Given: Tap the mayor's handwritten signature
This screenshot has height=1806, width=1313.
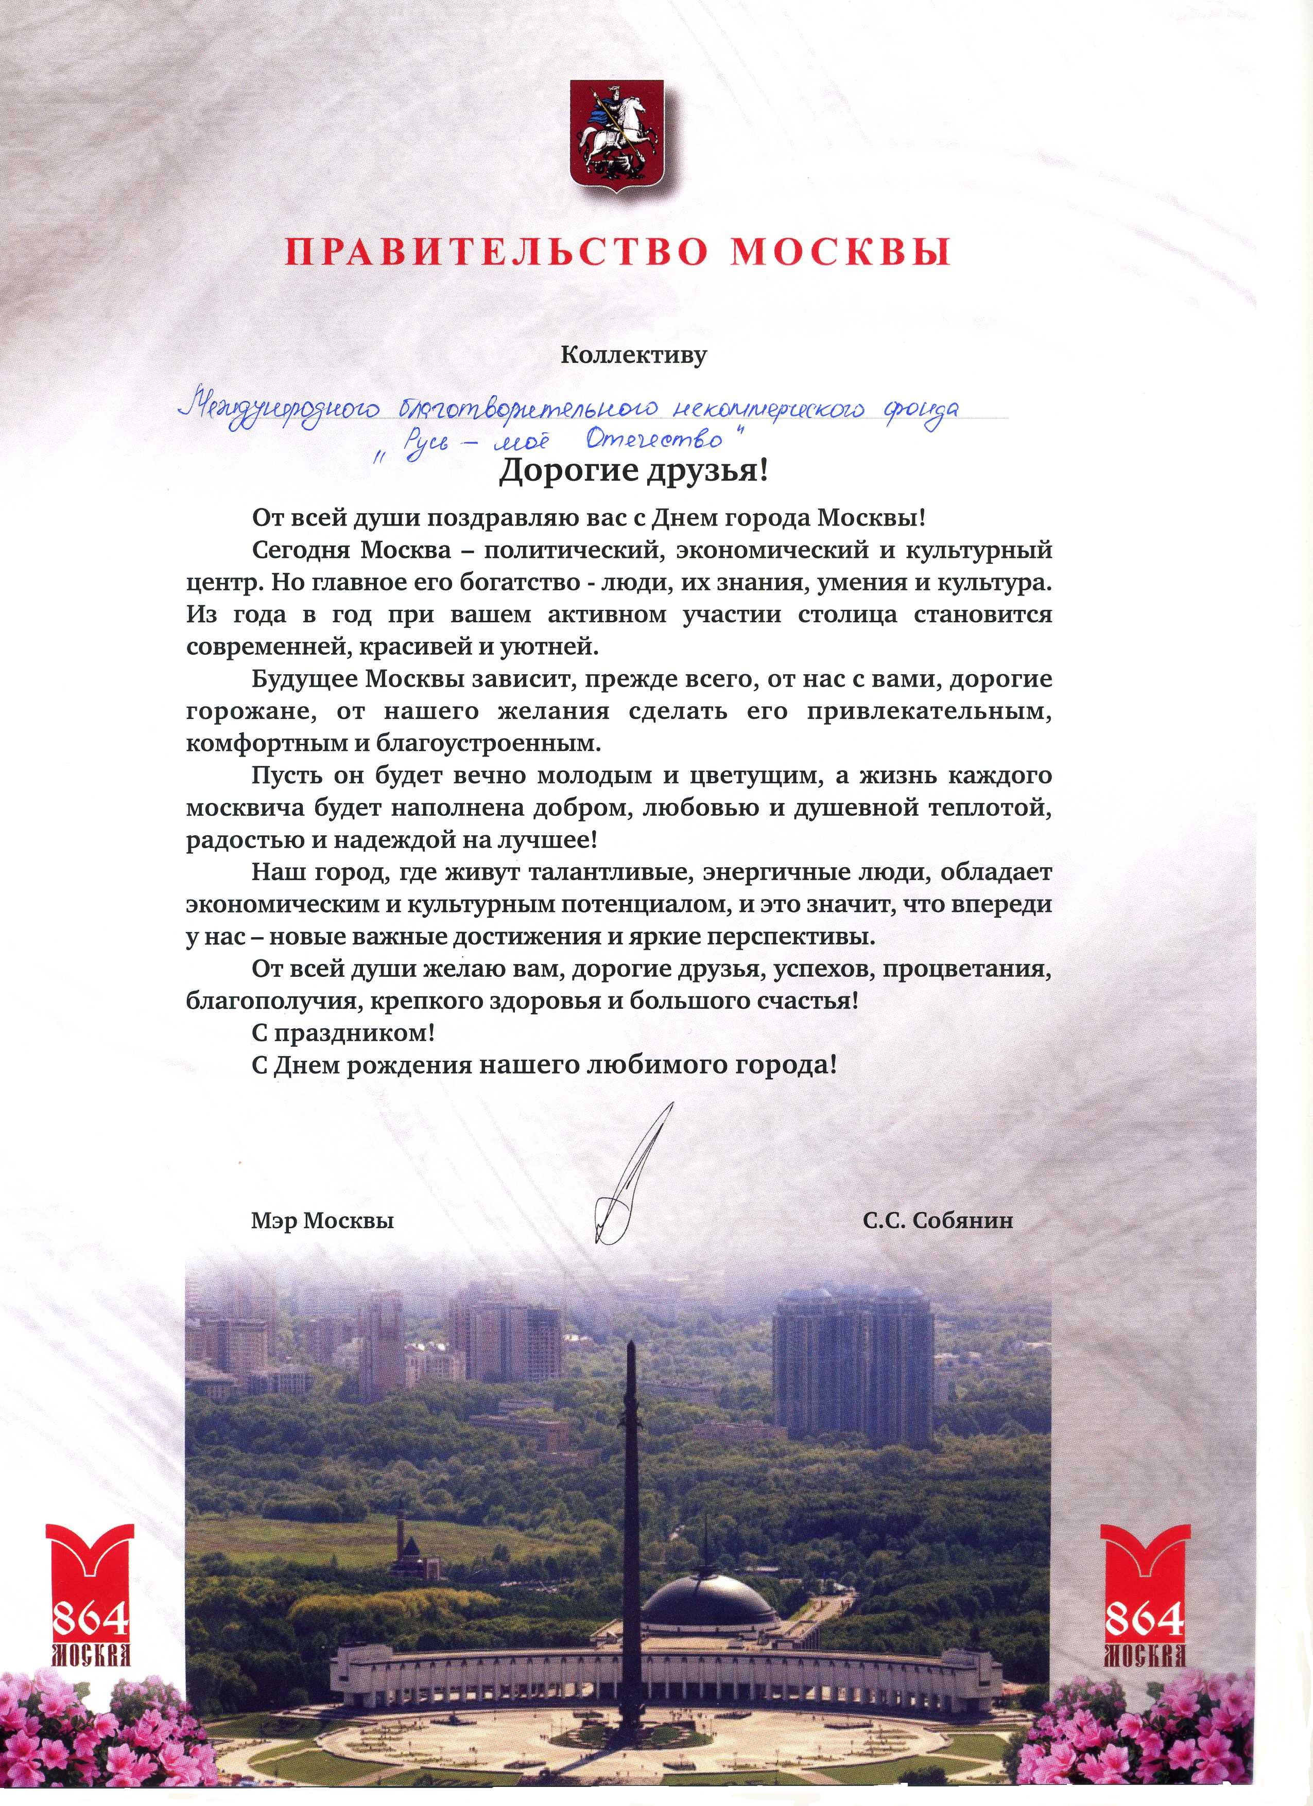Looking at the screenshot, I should (x=629, y=1179).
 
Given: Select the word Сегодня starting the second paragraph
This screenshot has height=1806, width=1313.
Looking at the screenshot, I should (x=300, y=550).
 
